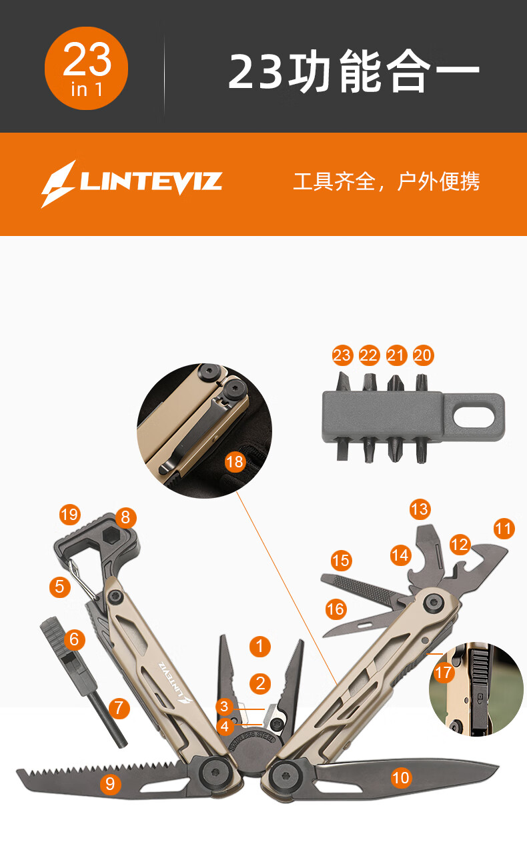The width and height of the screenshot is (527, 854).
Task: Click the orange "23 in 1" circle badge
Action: pyautogui.click(x=86, y=68)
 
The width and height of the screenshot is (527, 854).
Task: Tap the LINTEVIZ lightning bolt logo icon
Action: pyautogui.click(x=59, y=184)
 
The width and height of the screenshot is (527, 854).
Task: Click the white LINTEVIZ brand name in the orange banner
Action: pyautogui.click(x=151, y=182)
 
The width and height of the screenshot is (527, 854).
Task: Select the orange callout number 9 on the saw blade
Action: pyautogui.click(x=110, y=784)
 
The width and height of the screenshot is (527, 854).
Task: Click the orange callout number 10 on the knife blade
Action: pyautogui.click(x=401, y=777)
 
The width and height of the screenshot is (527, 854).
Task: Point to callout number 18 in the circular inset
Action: pyautogui.click(x=234, y=462)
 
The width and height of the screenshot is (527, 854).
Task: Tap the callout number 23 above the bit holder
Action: pyautogui.click(x=342, y=355)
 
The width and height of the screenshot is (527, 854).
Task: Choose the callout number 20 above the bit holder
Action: pyautogui.click(x=422, y=355)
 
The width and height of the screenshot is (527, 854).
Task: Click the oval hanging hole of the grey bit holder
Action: pyautogui.click(x=474, y=416)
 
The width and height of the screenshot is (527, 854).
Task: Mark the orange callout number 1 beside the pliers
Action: pyautogui.click(x=260, y=646)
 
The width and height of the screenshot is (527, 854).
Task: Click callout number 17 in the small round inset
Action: pyautogui.click(x=444, y=672)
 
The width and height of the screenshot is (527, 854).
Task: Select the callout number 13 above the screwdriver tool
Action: pyautogui.click(x=420, y=509)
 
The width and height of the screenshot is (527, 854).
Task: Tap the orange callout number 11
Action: pyautogui.click(x=504, y=529)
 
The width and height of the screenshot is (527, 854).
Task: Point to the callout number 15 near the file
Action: pyautogui.click(x=341, y=561)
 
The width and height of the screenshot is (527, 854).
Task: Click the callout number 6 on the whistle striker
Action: pyautogui.click(x=75, y=639)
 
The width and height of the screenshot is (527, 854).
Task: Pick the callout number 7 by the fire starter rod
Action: pyautogui.click(x=119, y=708)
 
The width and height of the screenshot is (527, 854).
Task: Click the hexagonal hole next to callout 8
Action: pyautogui.click(x=111, y=537)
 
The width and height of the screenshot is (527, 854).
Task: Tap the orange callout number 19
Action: pyautogui.click(x=70, y=514)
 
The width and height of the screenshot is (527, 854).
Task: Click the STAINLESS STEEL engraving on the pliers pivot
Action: pyautogui.click(x=253, y=741)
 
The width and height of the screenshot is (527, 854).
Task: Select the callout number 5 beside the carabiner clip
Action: pyautogui.click(x=59, y=587)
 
